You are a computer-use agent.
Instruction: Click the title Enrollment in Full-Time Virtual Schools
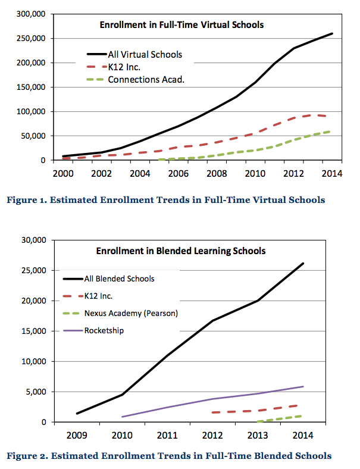[x=181, y=25]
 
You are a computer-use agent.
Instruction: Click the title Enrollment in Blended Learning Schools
[x=181, y=251]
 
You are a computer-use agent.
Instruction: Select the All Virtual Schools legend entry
[x=145, y=55]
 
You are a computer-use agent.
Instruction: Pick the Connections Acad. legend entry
[x=146, y=80]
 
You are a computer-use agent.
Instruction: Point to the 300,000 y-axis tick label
[x=30, y=14]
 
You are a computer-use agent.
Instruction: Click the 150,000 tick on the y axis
[x=30, y=87]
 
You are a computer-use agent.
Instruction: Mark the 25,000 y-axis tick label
[x=33, y=271]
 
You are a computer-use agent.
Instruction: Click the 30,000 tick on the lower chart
[x=33, y=240]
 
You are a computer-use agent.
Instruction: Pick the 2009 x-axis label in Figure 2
[x=77, y=435]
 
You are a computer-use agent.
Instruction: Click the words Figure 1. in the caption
[x=27, y=200]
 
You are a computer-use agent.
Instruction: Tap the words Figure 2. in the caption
[x=28, y=457]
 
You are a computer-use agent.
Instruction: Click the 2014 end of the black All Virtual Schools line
[x=331, y=33]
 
